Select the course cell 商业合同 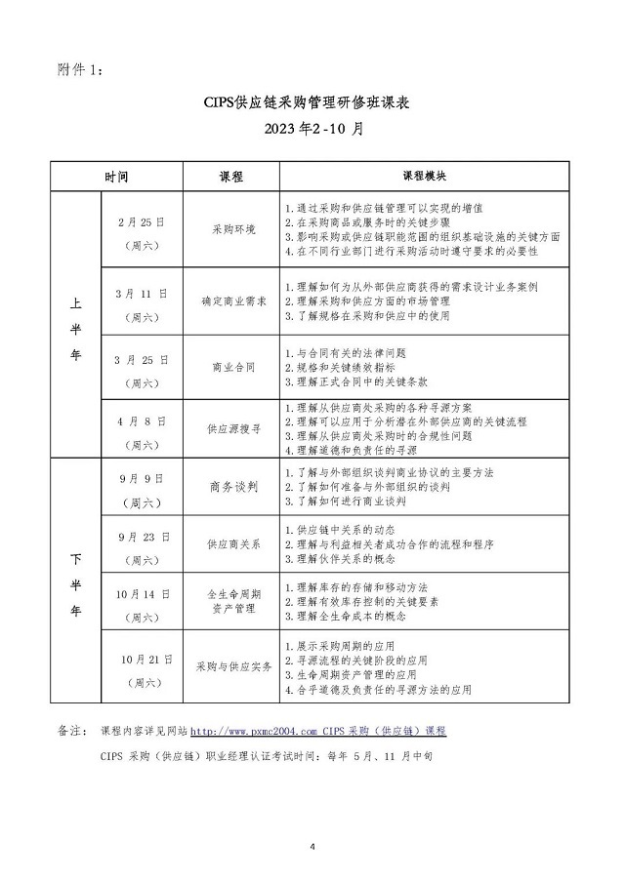[x=233, y=367]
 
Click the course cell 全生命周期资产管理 [x=233, y=600]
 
